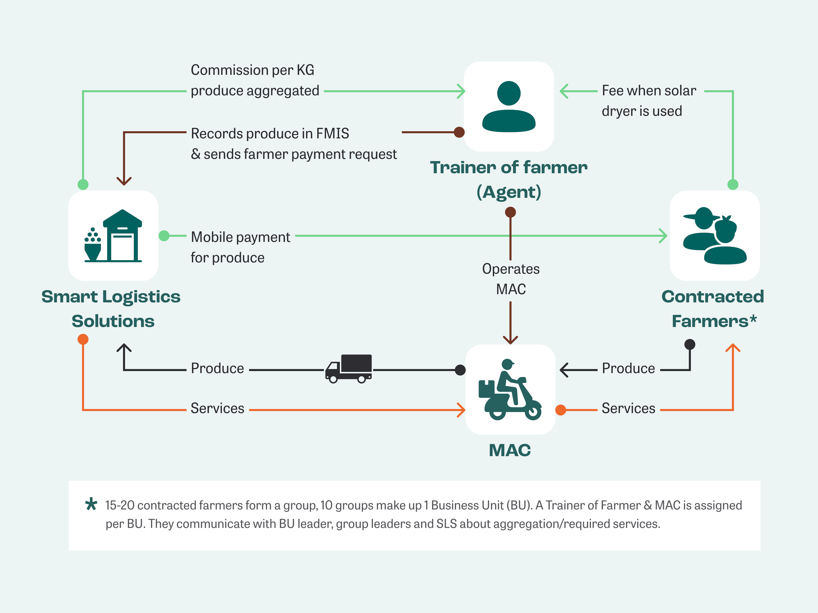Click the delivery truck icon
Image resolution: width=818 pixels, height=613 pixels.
[348, 369]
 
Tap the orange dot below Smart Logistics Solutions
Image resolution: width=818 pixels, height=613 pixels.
[83, 339]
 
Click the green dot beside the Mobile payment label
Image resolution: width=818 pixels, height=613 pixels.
[164, 236]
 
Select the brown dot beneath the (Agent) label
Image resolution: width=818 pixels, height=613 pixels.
[510, 212]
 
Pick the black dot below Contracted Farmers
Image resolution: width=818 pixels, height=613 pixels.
[690, 344]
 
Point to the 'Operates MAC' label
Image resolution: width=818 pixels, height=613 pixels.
[511, 279]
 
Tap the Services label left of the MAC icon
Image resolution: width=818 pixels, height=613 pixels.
[217, 408]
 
